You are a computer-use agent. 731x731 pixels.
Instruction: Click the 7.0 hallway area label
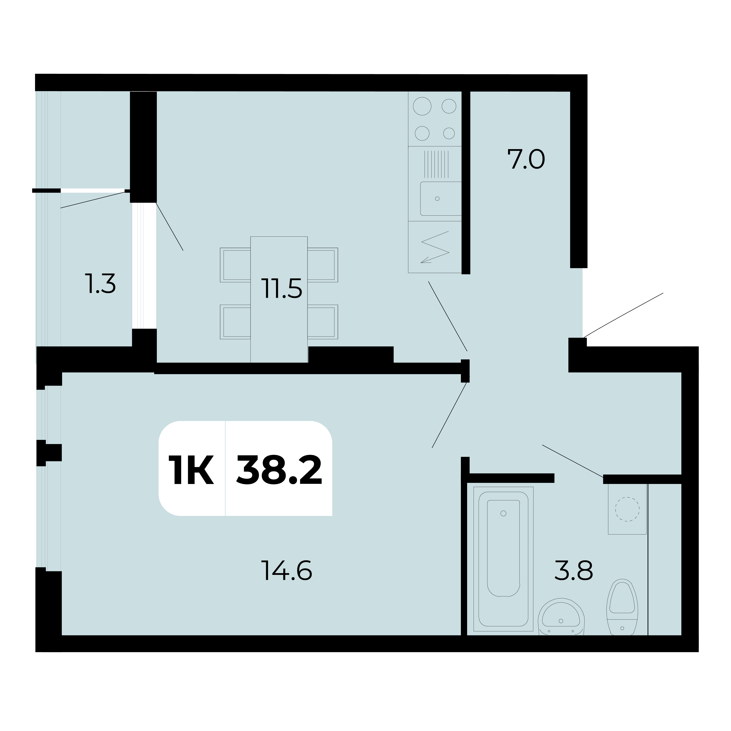[x=526, y=160]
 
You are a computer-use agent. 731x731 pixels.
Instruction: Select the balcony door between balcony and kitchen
[x=144, y=266]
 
